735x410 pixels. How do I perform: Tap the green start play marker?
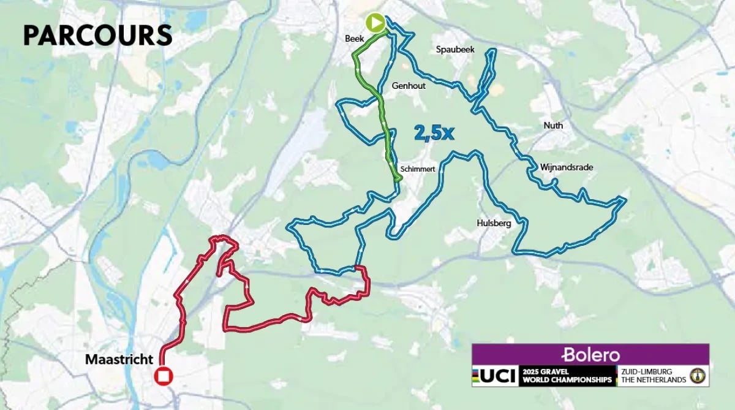click(375, 23)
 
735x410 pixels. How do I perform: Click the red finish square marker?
click(164, 376)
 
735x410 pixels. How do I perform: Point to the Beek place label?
click(355, 39)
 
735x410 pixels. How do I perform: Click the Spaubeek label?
click(453, 49)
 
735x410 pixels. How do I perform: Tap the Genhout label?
click(410, 86)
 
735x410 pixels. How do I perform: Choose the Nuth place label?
click(553, 126)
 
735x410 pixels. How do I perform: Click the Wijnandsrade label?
click(567, 167)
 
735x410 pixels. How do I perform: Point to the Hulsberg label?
click(494, 224)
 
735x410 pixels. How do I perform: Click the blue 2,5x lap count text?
click(434, 133)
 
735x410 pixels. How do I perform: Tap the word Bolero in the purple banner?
click(590, 355)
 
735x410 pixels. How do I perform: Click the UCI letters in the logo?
click(497, 376)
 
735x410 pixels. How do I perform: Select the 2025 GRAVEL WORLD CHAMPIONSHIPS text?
click(567, 376)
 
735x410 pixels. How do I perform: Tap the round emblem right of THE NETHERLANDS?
click(697, 376)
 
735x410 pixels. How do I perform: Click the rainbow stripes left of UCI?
click(475, 376)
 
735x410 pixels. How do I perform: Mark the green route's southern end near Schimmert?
click(399, 178)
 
